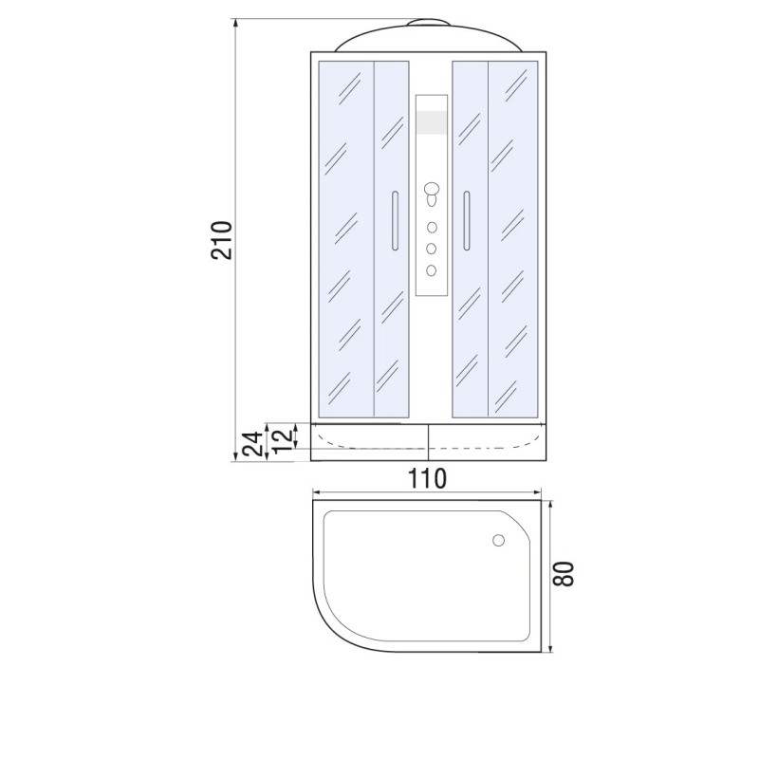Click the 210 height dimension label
[x=222, y=240]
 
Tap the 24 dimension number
[x=253, y=443]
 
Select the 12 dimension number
[x=283, y=438]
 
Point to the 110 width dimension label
[x=427, y=478]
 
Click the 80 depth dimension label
[x=564, y=575]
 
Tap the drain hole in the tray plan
[x=499, y=540]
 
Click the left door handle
[x=395, y=221]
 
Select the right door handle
[x=467, y=221]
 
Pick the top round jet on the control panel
[x=432, y=228]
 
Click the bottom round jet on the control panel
[x=432, y=270]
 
